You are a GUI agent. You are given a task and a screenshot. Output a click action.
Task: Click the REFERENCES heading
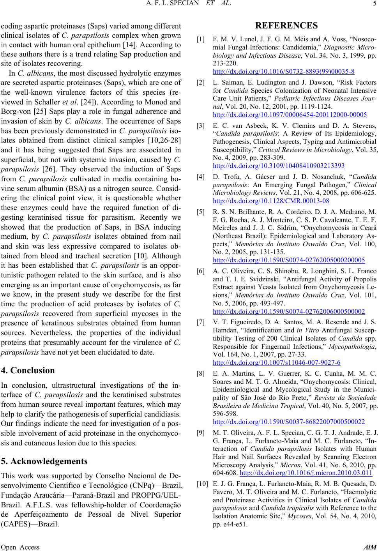click(x=286, y=26)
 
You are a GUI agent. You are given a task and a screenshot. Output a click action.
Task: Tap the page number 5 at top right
click(x=373, y=5)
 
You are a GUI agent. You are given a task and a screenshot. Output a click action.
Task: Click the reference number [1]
click(x=201, y=39)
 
